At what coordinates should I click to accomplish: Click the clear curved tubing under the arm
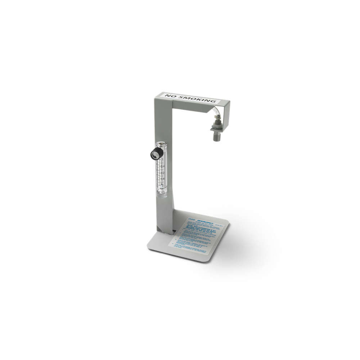pyautogui.click(x=216, y=113)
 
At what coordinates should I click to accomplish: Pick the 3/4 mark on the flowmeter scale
pyautogui.click(x=162, y=166)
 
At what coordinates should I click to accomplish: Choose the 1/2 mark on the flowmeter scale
pyautogui.click(x=162, y=172)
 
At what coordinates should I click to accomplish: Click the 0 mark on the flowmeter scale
pyautogui.click(x=162, y=185)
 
